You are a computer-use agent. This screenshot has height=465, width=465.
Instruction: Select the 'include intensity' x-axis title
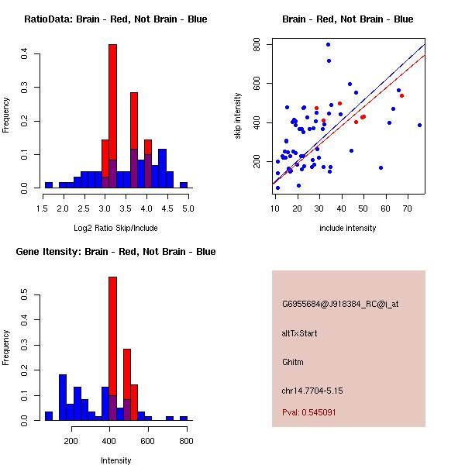[348, 228]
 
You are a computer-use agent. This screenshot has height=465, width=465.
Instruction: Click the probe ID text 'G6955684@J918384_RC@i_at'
[340, 305]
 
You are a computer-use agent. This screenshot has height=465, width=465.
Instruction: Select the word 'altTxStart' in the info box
[300, 333]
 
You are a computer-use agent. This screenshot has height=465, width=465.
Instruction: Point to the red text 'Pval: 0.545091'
[308, 412]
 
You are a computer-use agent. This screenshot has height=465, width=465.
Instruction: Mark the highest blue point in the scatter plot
[328, 45]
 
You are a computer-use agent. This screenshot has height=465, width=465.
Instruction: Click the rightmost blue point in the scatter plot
[419, 125]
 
